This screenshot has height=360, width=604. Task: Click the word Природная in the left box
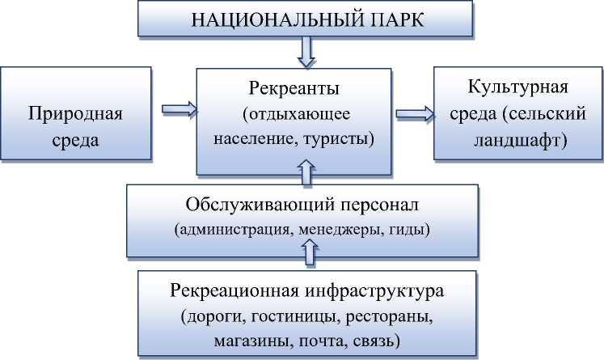pyautogui.click(x=75, y=113)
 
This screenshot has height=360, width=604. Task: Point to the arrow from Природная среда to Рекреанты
pyautogui.click(x=176, y=108)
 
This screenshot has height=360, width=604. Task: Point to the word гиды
pyautogui.click(x=409, y=230)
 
